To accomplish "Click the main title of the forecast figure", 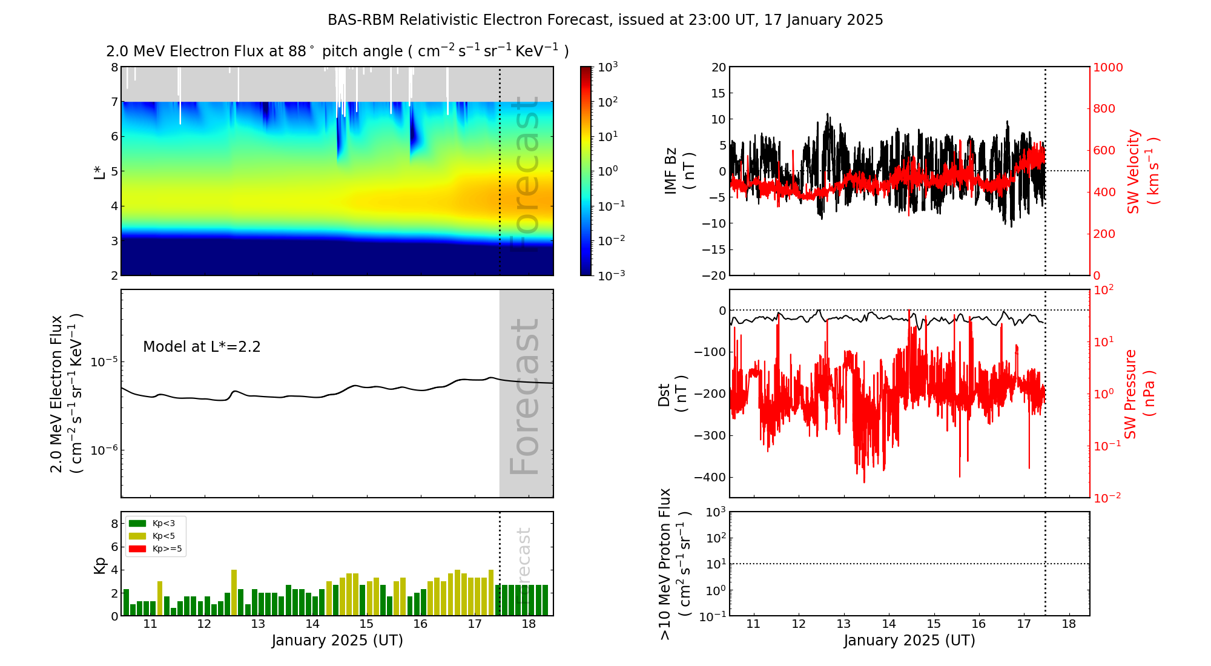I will click(x=605, y=20).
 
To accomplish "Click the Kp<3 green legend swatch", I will click(x=137, y=523).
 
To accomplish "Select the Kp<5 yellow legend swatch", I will click(x=137, y=536).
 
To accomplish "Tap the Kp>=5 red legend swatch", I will click(x=137, y=549).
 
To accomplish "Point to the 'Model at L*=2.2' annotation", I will click(x=202, y=347).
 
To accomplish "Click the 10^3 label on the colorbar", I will click(x=607, y=67).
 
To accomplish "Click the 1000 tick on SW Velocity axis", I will click(x=1107, y=67).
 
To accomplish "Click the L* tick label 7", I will click(x=114, y=102).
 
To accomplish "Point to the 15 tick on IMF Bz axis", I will click(x=719, y=93).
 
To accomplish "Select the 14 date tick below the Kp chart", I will click(x=312, y=624).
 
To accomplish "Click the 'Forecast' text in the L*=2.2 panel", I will click(x=525, y=397).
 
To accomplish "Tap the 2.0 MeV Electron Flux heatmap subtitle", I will click(x=337, y=51).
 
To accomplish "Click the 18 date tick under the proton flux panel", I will click(x=1069, y=624).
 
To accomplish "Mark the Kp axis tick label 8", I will click(x=114, y=524).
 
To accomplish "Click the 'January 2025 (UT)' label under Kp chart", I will click(x=337, y=641).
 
